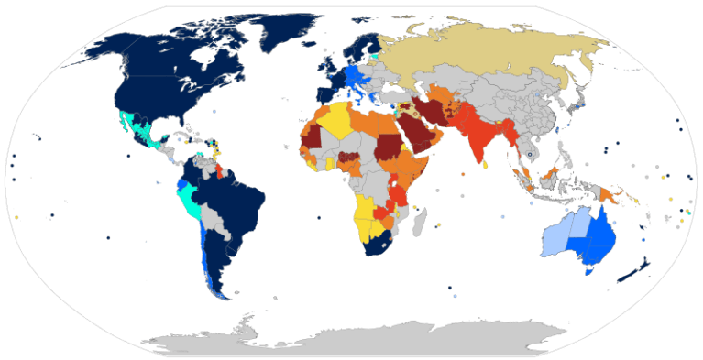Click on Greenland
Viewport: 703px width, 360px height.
(289, 32)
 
